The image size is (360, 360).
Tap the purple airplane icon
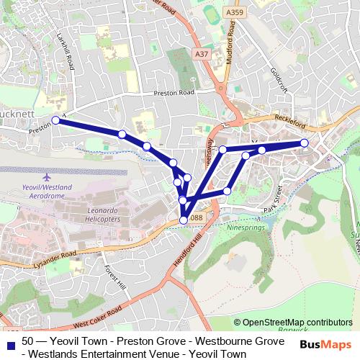pyautogui.click(x=48, y=176)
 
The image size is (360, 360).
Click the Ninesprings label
pyautogui.click(x=247, y=225)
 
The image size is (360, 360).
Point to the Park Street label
pyautogui.click(x=274, y=197)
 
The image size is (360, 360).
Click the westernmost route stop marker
pyautogui.click(x=55, y=120)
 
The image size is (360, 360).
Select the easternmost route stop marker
pyautogui.click(x=304, y=143)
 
